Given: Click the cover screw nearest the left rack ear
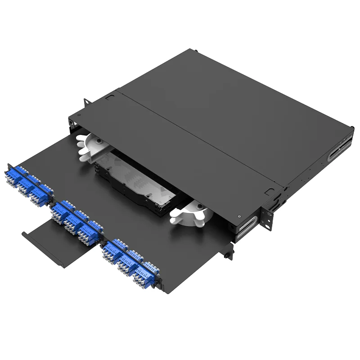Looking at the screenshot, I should [x=80, y=116].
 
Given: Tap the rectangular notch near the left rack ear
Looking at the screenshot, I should [x=111, y=97].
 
